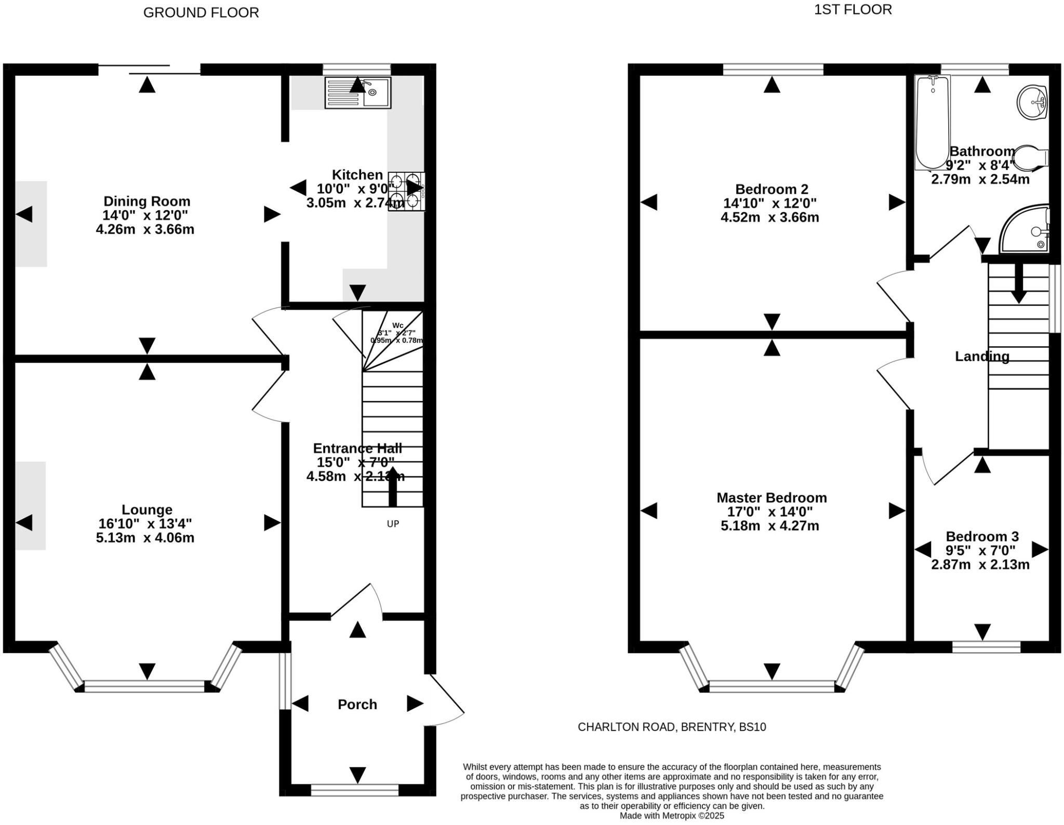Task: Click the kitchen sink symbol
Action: pos(357,93)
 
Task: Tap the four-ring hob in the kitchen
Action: pos(406,191)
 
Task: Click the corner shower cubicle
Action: pos(1025,229)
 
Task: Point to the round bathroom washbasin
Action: pos(1032,102)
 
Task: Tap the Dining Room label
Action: pos(147,201)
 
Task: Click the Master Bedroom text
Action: pos(772,497)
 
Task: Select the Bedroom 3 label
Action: pos(982,536)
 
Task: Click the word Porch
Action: pos(357,704)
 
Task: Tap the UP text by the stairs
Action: pos(393,524)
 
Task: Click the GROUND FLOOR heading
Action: pos(201,12)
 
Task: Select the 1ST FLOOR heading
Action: pos(853,9)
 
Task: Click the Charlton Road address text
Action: pos(672,727)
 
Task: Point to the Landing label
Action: pos(982,356)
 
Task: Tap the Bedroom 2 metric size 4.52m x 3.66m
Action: pos(769,217)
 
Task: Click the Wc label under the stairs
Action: pos(397,326)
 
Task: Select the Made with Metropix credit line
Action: pos(672,816)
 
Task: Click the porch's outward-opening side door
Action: pos(446,698)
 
